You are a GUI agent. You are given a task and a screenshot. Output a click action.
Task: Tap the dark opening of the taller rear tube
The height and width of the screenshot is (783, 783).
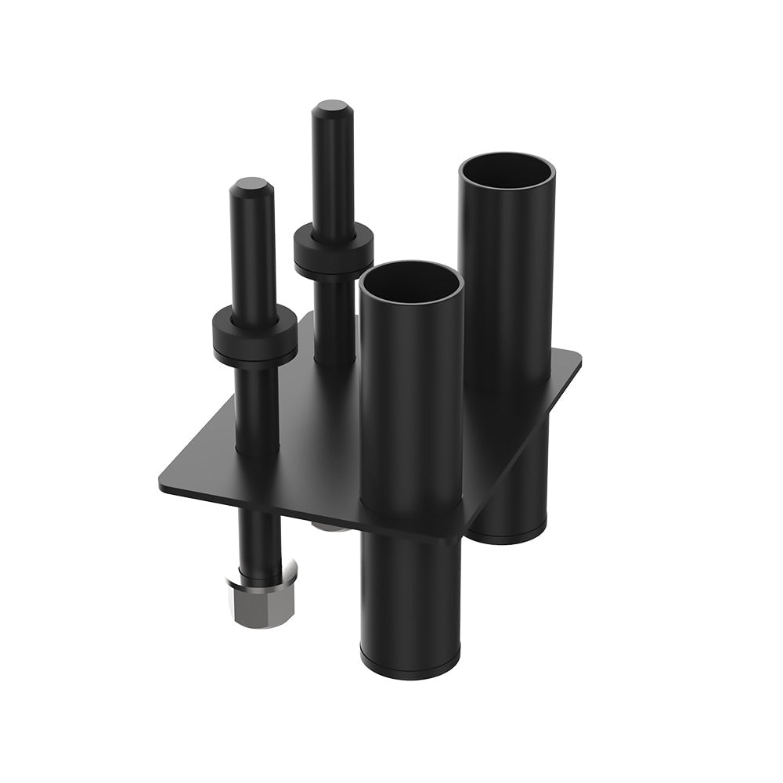pyautogui.click(x=507, y=171)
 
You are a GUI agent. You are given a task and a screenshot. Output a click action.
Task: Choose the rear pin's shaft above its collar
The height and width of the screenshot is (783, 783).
pyautogui.click(x=333, y=172)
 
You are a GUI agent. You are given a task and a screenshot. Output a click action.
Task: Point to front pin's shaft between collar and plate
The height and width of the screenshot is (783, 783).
pyautogui.click(x=258, y=407)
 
